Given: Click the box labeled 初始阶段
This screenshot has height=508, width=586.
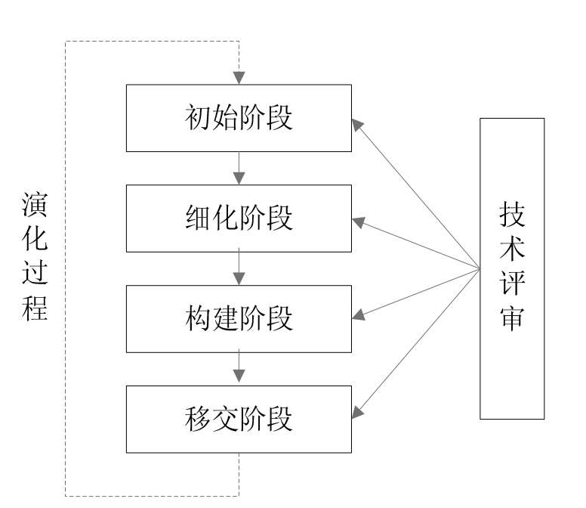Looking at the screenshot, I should [239, 117].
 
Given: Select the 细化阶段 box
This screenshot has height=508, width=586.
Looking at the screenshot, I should [239, 218].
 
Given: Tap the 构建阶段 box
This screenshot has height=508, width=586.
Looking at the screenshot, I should [239, 318].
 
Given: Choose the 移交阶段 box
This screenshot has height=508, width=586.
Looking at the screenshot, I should [239, 419].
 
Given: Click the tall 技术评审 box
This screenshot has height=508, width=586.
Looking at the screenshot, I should [512, 268].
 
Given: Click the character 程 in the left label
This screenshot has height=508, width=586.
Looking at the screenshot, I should [35, 308].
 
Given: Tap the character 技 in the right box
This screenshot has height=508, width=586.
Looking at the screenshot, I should [512, 216].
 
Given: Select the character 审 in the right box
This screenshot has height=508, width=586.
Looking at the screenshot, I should [512, 320].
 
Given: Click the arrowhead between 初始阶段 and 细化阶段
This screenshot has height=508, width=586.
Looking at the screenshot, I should [239, 178].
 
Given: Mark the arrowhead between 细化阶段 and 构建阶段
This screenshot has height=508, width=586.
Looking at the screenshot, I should [239, 279].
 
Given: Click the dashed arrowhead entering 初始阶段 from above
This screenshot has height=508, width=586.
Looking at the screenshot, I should [239, 78].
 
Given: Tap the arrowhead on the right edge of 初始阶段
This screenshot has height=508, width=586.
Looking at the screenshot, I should [356, 122].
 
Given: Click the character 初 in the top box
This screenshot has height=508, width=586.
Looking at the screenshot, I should [196, 118].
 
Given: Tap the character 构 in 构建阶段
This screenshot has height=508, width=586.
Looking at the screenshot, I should [196, 319].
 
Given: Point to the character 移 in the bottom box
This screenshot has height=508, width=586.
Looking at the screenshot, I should [196, 420].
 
